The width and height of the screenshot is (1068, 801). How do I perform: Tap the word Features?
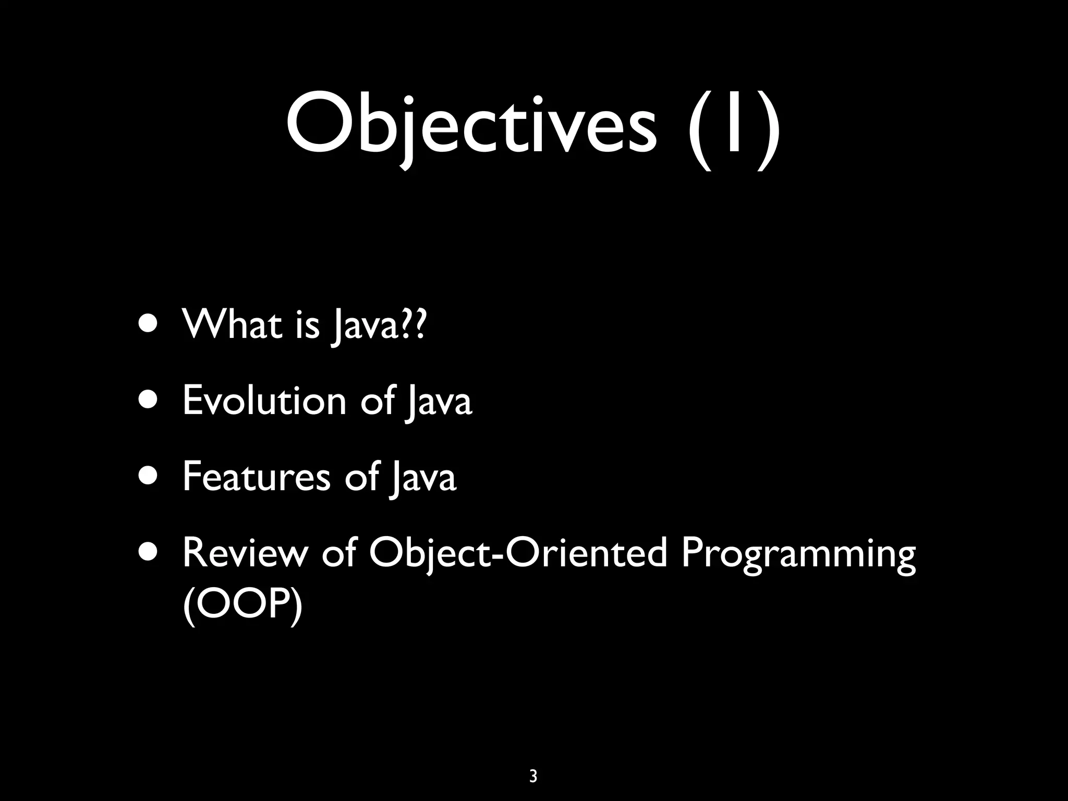[257, 477]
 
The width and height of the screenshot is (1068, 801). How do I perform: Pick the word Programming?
[798, 554]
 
